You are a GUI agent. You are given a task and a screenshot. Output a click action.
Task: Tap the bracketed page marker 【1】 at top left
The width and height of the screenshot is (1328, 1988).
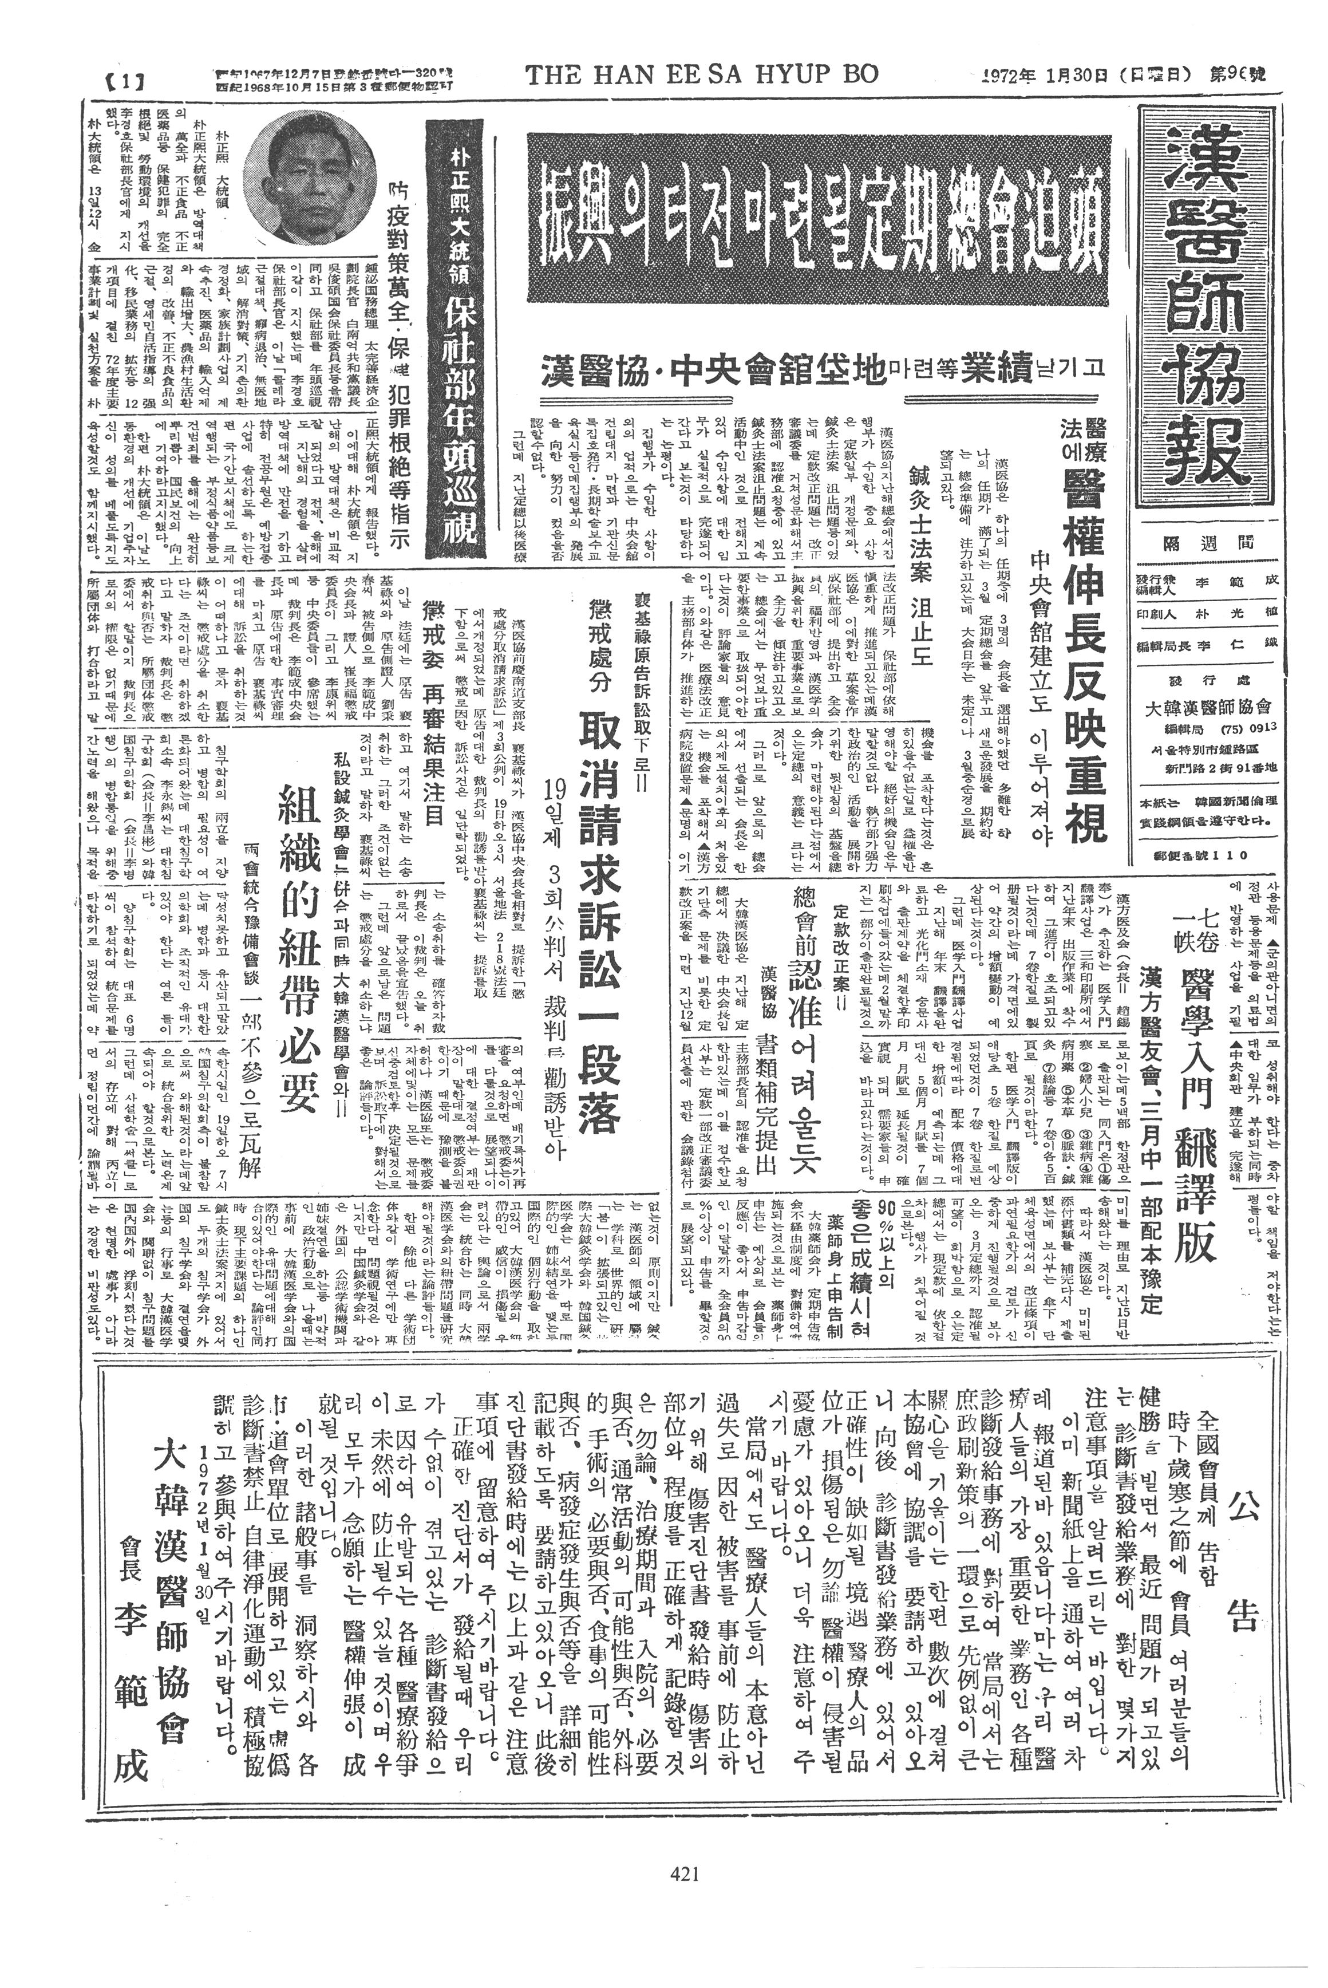pyautogui.click(x=124, y=82)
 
